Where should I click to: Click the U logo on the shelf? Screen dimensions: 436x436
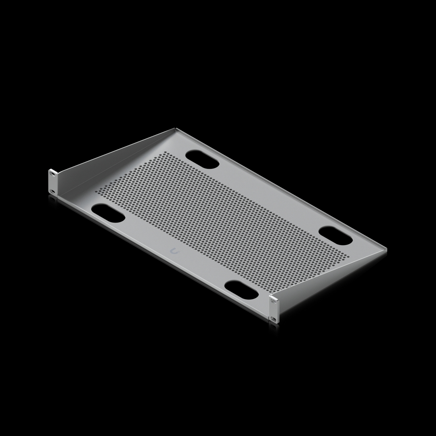click(174, 251)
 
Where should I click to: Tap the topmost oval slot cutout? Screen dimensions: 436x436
click(203, 159)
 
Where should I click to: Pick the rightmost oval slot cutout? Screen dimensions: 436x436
click(335, 236)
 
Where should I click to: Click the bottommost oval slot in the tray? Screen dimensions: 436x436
click(242, 290)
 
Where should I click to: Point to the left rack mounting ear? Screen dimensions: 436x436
click(53, 181)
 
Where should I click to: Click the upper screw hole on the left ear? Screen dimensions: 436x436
click(52, 174)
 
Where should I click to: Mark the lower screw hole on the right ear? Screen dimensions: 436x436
click(274, 319)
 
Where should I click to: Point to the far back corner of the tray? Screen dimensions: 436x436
click(175, 129)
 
